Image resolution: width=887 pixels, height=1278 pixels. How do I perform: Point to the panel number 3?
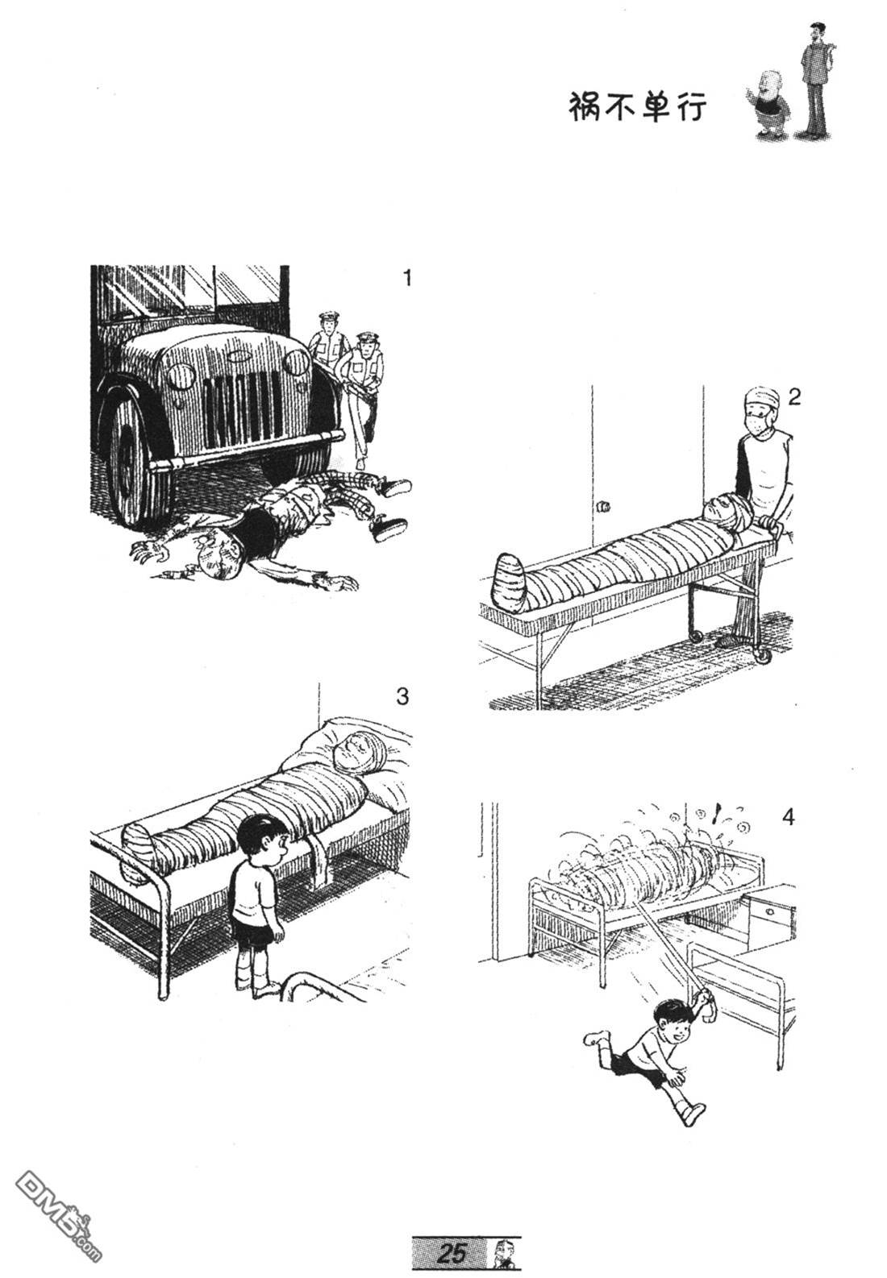402,696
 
